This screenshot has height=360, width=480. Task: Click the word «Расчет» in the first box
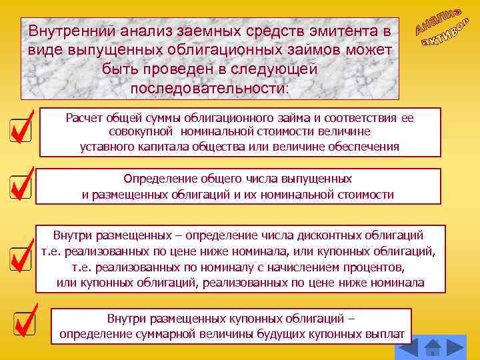point(83,118)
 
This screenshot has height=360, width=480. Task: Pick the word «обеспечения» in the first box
point(367,146)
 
